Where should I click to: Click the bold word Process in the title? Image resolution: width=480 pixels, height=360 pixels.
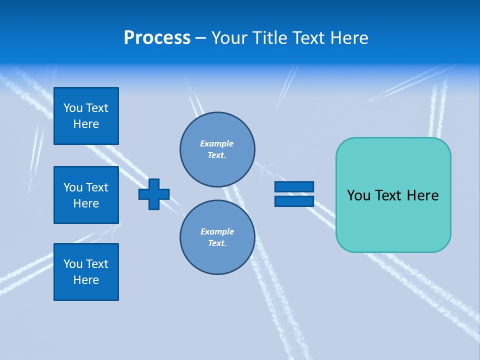[x=157, y=38]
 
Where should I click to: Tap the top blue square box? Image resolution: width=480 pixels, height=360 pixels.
[x=86, y=116]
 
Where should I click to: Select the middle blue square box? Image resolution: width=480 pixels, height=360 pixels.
[x=86, y=195]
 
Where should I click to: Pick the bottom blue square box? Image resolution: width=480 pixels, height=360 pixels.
[x=86, y=272]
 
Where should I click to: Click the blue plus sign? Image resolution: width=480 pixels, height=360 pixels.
[x=154, y=194]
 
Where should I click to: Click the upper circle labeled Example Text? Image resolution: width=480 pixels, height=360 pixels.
[x=217, y=149]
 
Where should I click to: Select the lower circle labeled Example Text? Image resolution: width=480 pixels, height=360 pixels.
[x=217, y=237]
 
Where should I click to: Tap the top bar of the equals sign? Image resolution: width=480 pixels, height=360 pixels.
[x=294, y=186]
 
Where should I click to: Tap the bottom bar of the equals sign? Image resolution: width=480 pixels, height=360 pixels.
[x=294, y=201]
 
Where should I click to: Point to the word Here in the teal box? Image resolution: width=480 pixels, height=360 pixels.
[x=422, y=195]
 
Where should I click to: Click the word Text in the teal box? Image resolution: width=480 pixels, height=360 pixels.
[x=388, y=195]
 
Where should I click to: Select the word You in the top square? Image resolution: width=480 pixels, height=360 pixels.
[x=73, y=108]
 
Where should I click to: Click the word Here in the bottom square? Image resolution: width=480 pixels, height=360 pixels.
[x=86, y=280]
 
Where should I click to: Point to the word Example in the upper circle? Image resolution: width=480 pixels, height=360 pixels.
[x=217, y=143]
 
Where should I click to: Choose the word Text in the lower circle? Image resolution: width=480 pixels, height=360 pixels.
[x=217, y=243]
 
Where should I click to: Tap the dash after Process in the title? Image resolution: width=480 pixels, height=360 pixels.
[x=201, y=38]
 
